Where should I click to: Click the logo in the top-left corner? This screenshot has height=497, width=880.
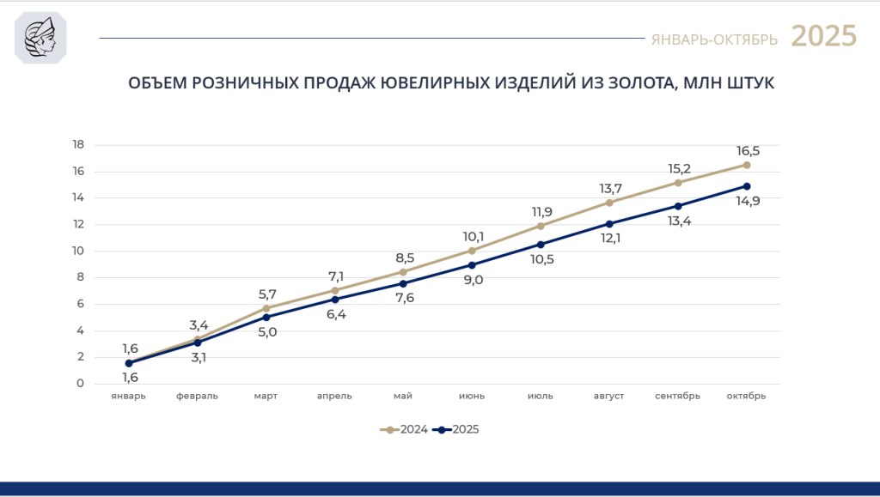point(40,38)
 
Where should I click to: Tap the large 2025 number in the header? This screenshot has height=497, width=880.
point(823,36)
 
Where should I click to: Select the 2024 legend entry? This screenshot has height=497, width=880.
point(404,429)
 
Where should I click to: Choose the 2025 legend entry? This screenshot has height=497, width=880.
point(456,429)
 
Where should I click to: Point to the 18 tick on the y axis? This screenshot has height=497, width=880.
point(78,144)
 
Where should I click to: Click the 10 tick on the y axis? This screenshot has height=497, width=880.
point(78,251)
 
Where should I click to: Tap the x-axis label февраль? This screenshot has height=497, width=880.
point(197,396)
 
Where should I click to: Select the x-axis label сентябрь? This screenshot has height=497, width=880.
point(677,396)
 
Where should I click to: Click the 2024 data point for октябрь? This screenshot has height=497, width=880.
point(747,165)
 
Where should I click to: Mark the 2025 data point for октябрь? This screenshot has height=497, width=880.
point(747,186)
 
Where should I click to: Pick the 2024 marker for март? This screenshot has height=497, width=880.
point(266,308)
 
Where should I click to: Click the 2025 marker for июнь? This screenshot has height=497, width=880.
point(472,265)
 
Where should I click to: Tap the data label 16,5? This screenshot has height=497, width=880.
point(748,150)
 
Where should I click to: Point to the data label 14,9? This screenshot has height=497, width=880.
point(748,202)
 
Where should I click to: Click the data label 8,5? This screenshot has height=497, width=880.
point(404,258)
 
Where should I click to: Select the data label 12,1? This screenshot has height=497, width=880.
point(610,238)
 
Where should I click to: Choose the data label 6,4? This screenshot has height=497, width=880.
point(335,314)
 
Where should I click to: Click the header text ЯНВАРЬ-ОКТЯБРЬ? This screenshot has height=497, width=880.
point(714,39)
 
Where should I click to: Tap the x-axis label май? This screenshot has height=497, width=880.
point(403,396)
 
